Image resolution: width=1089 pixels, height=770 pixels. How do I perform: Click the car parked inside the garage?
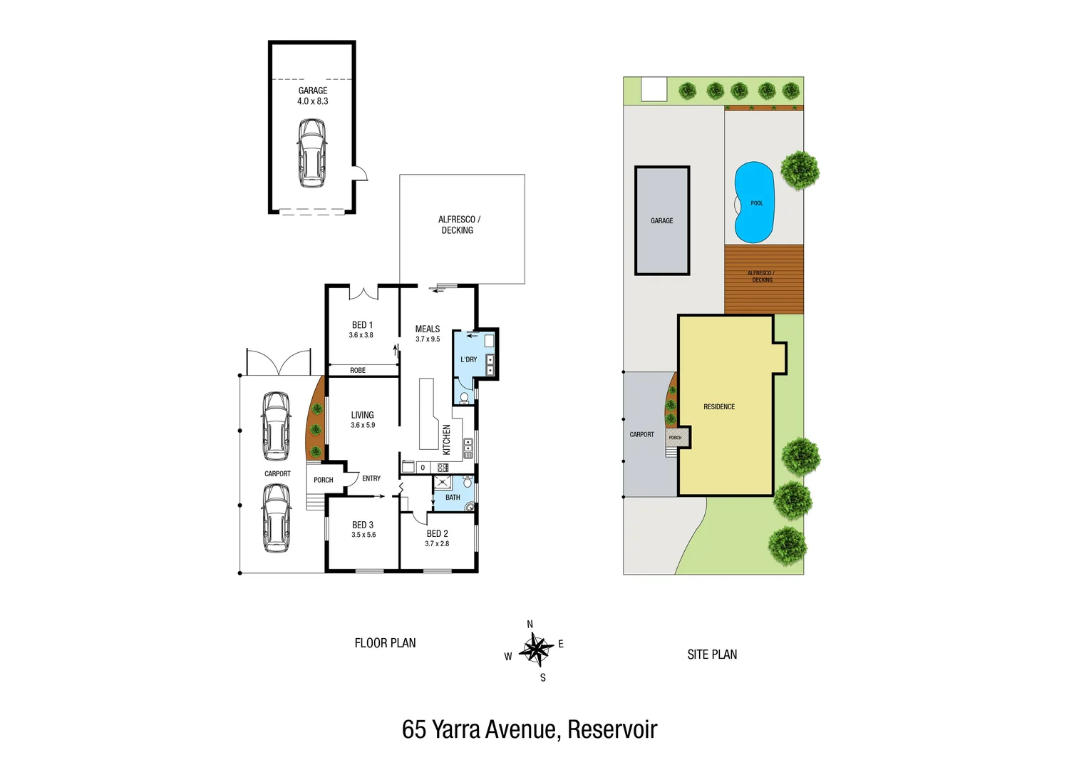pyautogui.click(x=312, y=153)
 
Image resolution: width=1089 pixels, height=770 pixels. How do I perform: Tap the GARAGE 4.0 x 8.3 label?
pyautogui.click(x=313, y=96)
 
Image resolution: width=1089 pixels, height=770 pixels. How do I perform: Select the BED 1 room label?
pyautogui.click(x=362, y=329)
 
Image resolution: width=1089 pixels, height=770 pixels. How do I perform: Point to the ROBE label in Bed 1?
pyautogui.click(x=358, y=370)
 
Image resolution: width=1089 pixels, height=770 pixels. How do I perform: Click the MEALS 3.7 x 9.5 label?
pyautogui.click(x=428, y=334)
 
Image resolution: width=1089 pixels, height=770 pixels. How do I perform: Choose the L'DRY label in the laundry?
pyautogui.click(x=468, y=359)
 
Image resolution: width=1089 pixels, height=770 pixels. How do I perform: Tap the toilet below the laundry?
pyautogui.click(x=464, y=397)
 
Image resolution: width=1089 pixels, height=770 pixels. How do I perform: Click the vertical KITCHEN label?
pyautogui.click(x=447, y=440)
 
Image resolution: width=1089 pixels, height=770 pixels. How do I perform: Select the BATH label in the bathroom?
pyautogui.click(x=453, y=498)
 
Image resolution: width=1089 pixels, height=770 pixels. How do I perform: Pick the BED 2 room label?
pyautogui.click(x=437, y=538)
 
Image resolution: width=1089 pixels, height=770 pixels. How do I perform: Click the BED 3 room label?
pyautogui.click(x=363, y=529)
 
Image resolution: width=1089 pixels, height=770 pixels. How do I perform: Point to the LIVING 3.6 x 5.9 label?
pyautogui.click(x=362, y=419)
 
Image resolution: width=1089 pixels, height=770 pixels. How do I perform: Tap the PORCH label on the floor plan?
pyautogui.click(x=324, y=480)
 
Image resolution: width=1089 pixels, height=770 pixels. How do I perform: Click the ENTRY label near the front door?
pyautogui.click(x=371, y=478)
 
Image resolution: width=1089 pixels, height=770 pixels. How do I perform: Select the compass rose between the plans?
pyautogui.click(x=535, y=650)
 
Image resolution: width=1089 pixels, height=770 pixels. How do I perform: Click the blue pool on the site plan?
pyautogui.click(x=754, y=202)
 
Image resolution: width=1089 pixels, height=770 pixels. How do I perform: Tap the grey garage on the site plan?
pyautogui.click(x=662, y=221)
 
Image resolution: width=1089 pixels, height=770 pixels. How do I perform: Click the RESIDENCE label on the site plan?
pyautogui.click(x=719, y=406)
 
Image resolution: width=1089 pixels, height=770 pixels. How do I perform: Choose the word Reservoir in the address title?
pyautogui.click(x=612, y=729)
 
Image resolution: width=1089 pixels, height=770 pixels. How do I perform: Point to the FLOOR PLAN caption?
pyautogui.click(x=385, y=643)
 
